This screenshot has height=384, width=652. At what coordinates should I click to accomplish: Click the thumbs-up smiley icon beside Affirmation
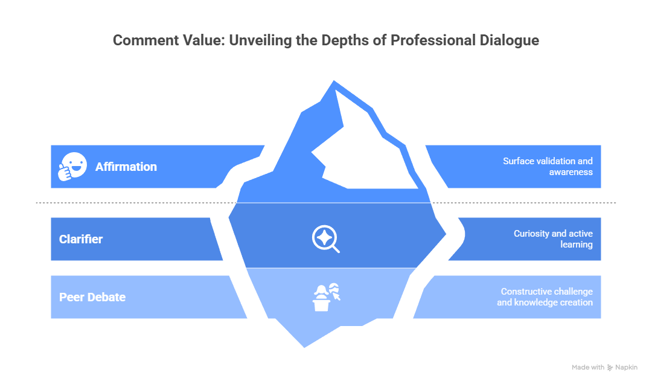coord(72,167)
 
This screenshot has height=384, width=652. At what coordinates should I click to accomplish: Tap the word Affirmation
coord(126,167)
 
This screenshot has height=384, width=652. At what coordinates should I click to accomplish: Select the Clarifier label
coord(81,239)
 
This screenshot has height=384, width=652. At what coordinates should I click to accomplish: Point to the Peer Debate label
coord(92,297)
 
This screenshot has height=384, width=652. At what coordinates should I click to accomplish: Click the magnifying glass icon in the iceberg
coord(325,239)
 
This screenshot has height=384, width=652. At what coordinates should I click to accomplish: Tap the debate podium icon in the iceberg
coord(327,297)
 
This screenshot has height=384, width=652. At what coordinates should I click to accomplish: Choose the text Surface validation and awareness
coord(548,167)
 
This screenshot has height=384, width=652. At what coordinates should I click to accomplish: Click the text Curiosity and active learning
coord(553,239)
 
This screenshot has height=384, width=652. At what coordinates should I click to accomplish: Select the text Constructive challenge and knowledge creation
coord(545,297)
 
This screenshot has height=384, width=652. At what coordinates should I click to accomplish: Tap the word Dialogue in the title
coord(509,40)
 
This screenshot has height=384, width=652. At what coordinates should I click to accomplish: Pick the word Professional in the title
coord(433,40)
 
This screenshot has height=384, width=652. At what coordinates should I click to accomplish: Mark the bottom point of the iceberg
coord(304,347)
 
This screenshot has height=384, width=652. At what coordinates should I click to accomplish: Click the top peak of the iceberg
coord(334,81)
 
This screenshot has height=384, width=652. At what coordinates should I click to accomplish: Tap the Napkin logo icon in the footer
coord(610,367)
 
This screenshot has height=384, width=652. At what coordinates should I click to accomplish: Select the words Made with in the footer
coord(588,367)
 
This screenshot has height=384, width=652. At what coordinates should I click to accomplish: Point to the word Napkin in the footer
coord(626,367)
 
